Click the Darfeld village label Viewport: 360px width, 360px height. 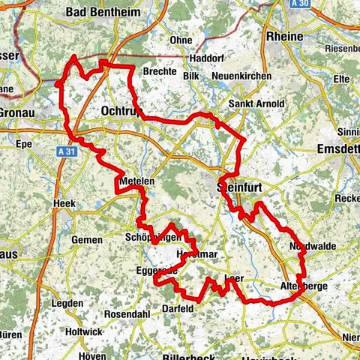[x=178, y=308]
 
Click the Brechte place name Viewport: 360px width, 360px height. [x=160, y=72]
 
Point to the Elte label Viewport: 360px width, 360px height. [x=342, y=77]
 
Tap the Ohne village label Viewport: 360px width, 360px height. [x=181, y=40]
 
